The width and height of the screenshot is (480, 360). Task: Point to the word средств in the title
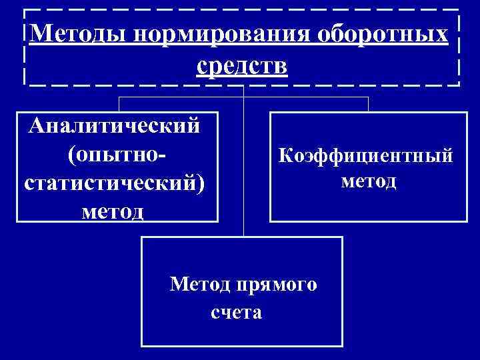coord(243,65)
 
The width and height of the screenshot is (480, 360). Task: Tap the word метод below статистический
coord(112,211)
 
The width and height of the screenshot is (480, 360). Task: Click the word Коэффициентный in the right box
coord(366,155)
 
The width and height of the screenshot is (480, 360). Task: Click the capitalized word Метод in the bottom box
coord(199,285)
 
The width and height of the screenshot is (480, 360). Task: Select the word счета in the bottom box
coord(237,313)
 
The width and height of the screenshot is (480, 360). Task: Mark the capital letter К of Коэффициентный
coord(285,155)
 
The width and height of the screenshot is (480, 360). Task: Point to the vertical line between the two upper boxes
coord(244,167)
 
